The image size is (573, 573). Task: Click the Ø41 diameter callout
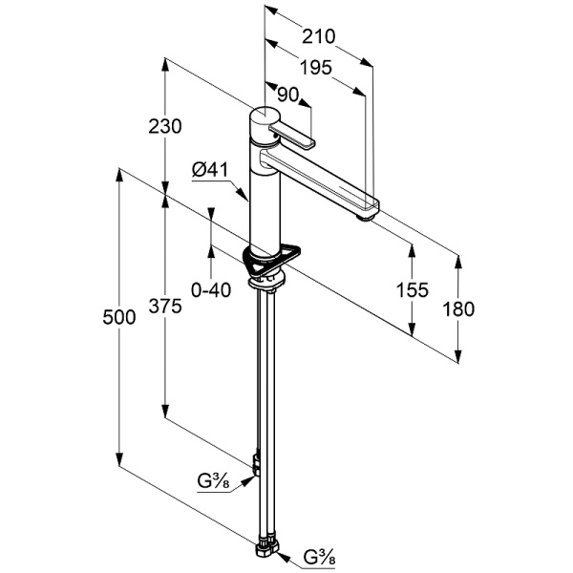pos(209,169)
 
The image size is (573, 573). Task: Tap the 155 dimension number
pos(413,290)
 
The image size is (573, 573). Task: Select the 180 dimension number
pos(459,308)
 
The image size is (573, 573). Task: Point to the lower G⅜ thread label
pos(319,557)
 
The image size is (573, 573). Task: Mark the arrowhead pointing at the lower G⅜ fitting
pos(282,553)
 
